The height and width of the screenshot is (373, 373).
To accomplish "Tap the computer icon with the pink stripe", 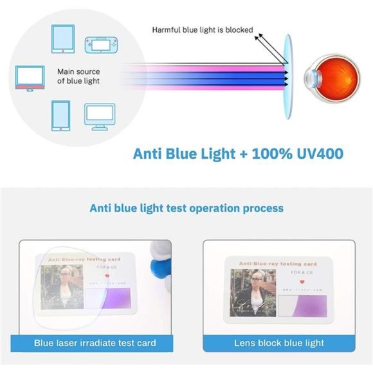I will tap(30, 78).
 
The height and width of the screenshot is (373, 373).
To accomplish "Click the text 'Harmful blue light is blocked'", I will tap(202, 30).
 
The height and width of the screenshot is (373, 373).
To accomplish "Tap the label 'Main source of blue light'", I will tap(78, 77).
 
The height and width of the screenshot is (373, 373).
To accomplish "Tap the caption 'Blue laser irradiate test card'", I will tap(95, 343).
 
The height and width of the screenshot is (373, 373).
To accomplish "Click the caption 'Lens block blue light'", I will tap(278, 343).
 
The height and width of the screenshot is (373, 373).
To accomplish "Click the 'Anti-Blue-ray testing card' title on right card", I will tap(278, 264).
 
